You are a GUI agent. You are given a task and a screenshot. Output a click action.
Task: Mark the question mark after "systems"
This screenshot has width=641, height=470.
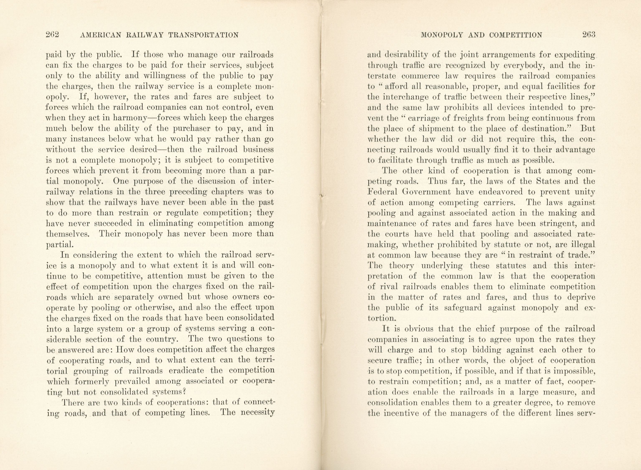[x=184, y=392]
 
